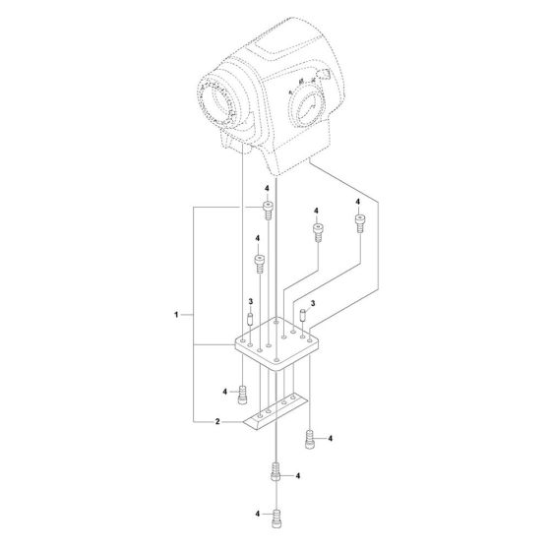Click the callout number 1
point(176,315)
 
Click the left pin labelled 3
point(251,319)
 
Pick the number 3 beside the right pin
point(314,304)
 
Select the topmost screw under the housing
point(266,207)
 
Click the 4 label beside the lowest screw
point(258,513)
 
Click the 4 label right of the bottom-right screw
point(330,437)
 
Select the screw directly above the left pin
point(260,261)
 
